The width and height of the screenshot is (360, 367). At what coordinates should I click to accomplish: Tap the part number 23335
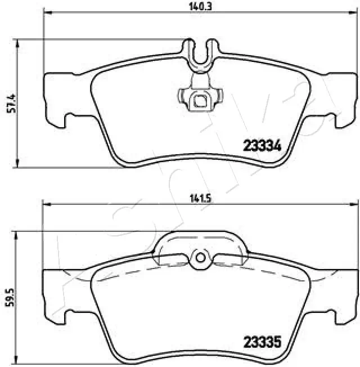pyautogui.click(x=262, y=341)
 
